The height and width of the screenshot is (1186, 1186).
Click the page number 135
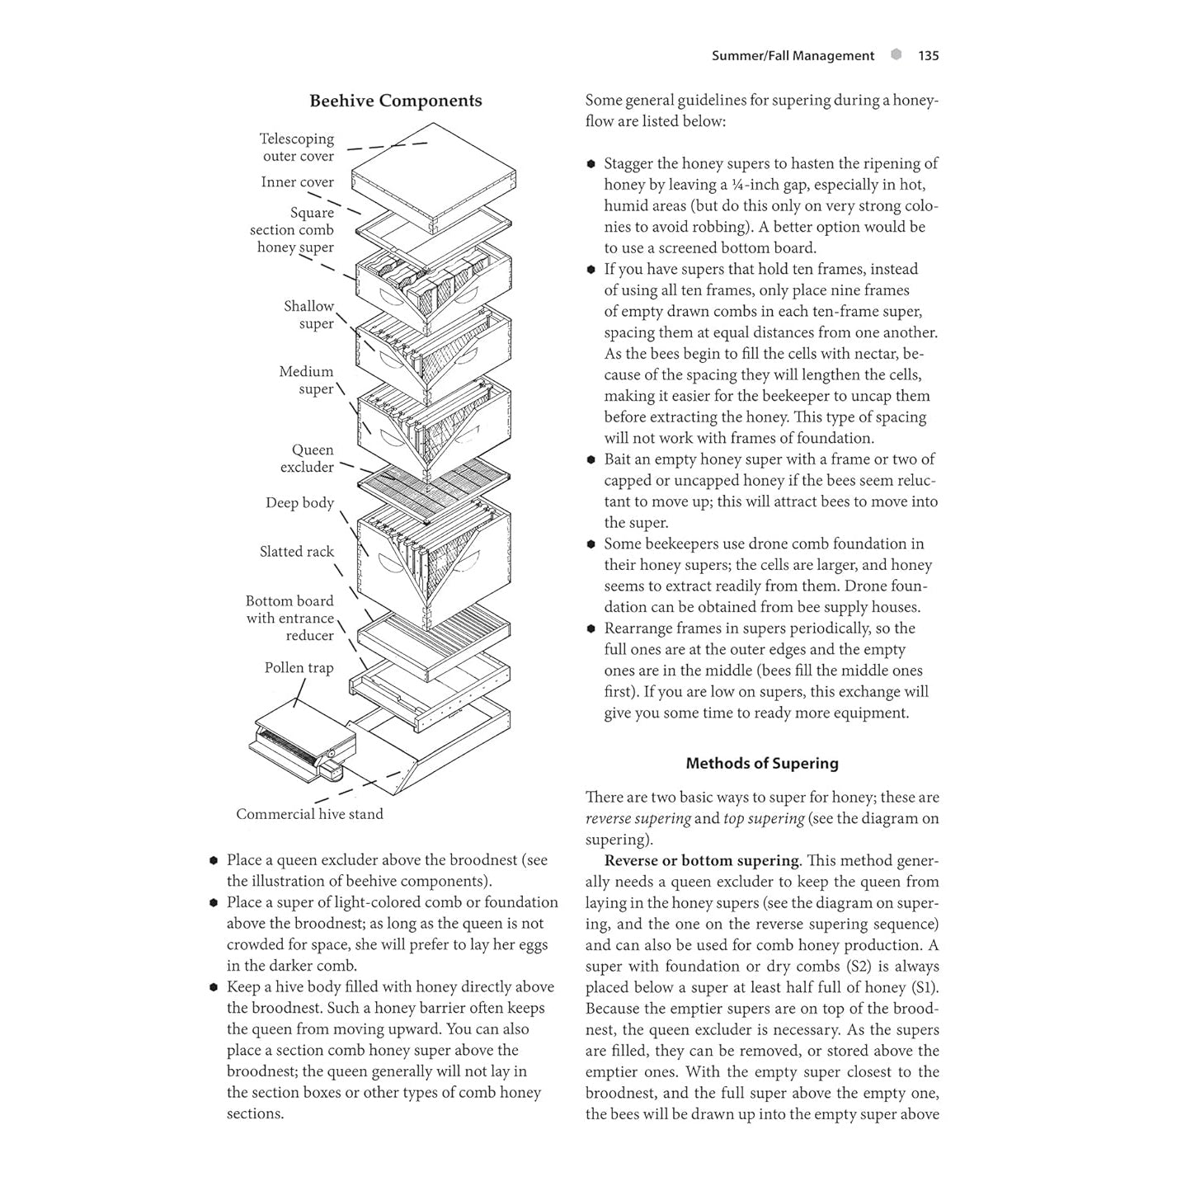pyautogui.click(x=928, y=56)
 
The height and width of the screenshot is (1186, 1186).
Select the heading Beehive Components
pyautogui.click(x=395, y=101)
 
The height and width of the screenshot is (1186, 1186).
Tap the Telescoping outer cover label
pyautogui.click(x=298, y=148)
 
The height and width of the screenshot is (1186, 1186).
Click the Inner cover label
pyautogui.click(x=297, y=182)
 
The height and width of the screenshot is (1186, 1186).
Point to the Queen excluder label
pyautogui.click(x=308, y=459)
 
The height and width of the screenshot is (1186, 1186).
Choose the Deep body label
pyautogui.click(x=299, y=503)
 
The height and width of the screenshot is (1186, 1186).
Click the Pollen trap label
pyautogui.click(x=299, y=668)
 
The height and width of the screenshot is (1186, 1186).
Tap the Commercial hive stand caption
pyautogui.click(x=309, y=814)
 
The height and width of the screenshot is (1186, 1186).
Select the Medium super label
pyautogui.click(x=307, y=380)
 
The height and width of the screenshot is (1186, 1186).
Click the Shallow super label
pyautogui.click(x=309, y=315)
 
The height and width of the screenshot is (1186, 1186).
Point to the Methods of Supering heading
pyautogui.click(x=761, y=764)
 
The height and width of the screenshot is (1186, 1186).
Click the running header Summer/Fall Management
pyautogui.click(x=792, y=56)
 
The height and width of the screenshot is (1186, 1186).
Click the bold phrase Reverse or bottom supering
pyautogui.click(x=701, y=861)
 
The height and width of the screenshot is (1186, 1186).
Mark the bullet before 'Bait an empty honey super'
pyautogui.click(x=591, y=460)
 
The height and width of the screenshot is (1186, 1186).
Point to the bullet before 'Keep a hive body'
pyautogui.click(x=214, y=987)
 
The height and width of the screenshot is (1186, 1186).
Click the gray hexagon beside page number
pyautogui.click(x=897, y=55)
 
